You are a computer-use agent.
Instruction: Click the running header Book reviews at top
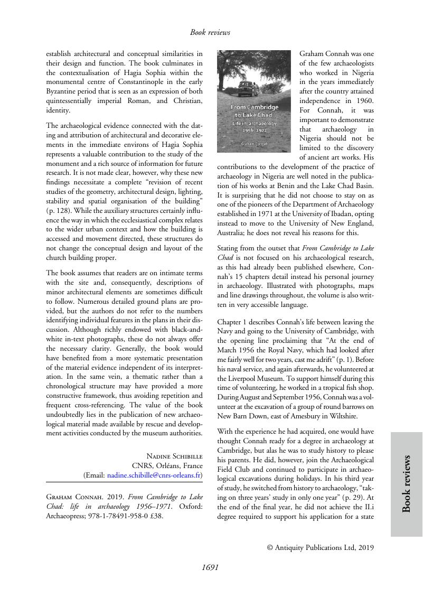click(x=210, y=32)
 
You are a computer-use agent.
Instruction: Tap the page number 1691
click(x=210, y=568)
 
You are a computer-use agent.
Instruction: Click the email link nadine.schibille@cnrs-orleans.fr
click(x=154, y=475)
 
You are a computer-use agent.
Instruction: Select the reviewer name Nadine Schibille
click(x=174, y=456)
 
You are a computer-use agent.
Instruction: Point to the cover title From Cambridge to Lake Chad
click(x=254, y=111)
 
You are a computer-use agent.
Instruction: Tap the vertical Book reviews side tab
click(x=407, y=484)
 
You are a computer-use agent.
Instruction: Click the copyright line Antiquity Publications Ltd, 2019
click(x=321, y=548)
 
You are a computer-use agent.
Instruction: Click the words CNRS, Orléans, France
click(x=167, y=466)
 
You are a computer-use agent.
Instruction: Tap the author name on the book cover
click(x=254, y=143)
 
